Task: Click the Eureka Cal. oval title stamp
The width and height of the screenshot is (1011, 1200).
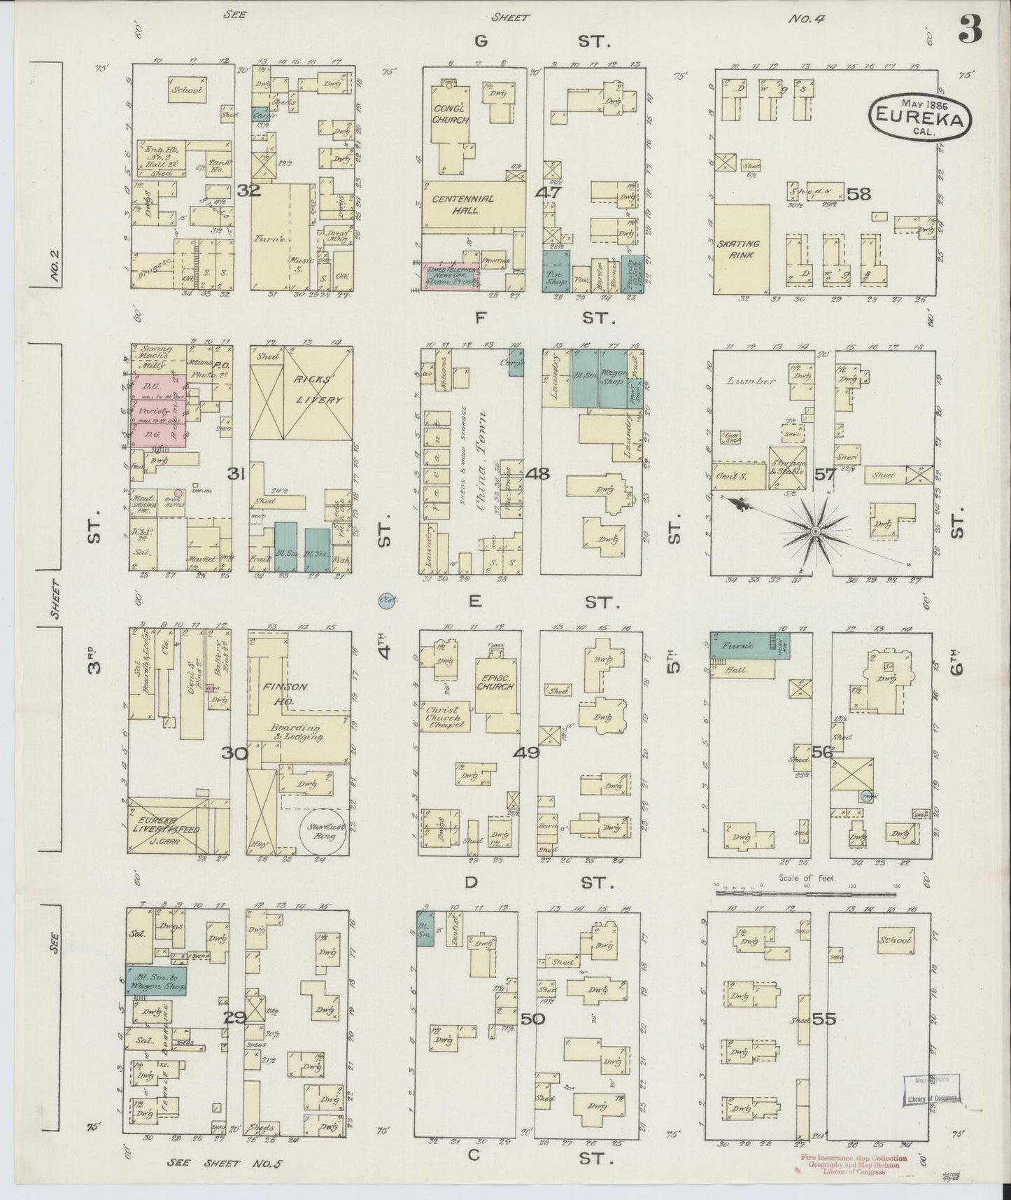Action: (x=921, y=116)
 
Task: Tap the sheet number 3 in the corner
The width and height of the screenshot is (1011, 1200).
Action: (x=970, y=29)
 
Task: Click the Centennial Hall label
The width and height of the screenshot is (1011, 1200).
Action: (x=462, y=204)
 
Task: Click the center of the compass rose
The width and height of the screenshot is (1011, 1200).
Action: (x=814, y=533)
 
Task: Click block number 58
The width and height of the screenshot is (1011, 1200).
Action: (x=858, y=194)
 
